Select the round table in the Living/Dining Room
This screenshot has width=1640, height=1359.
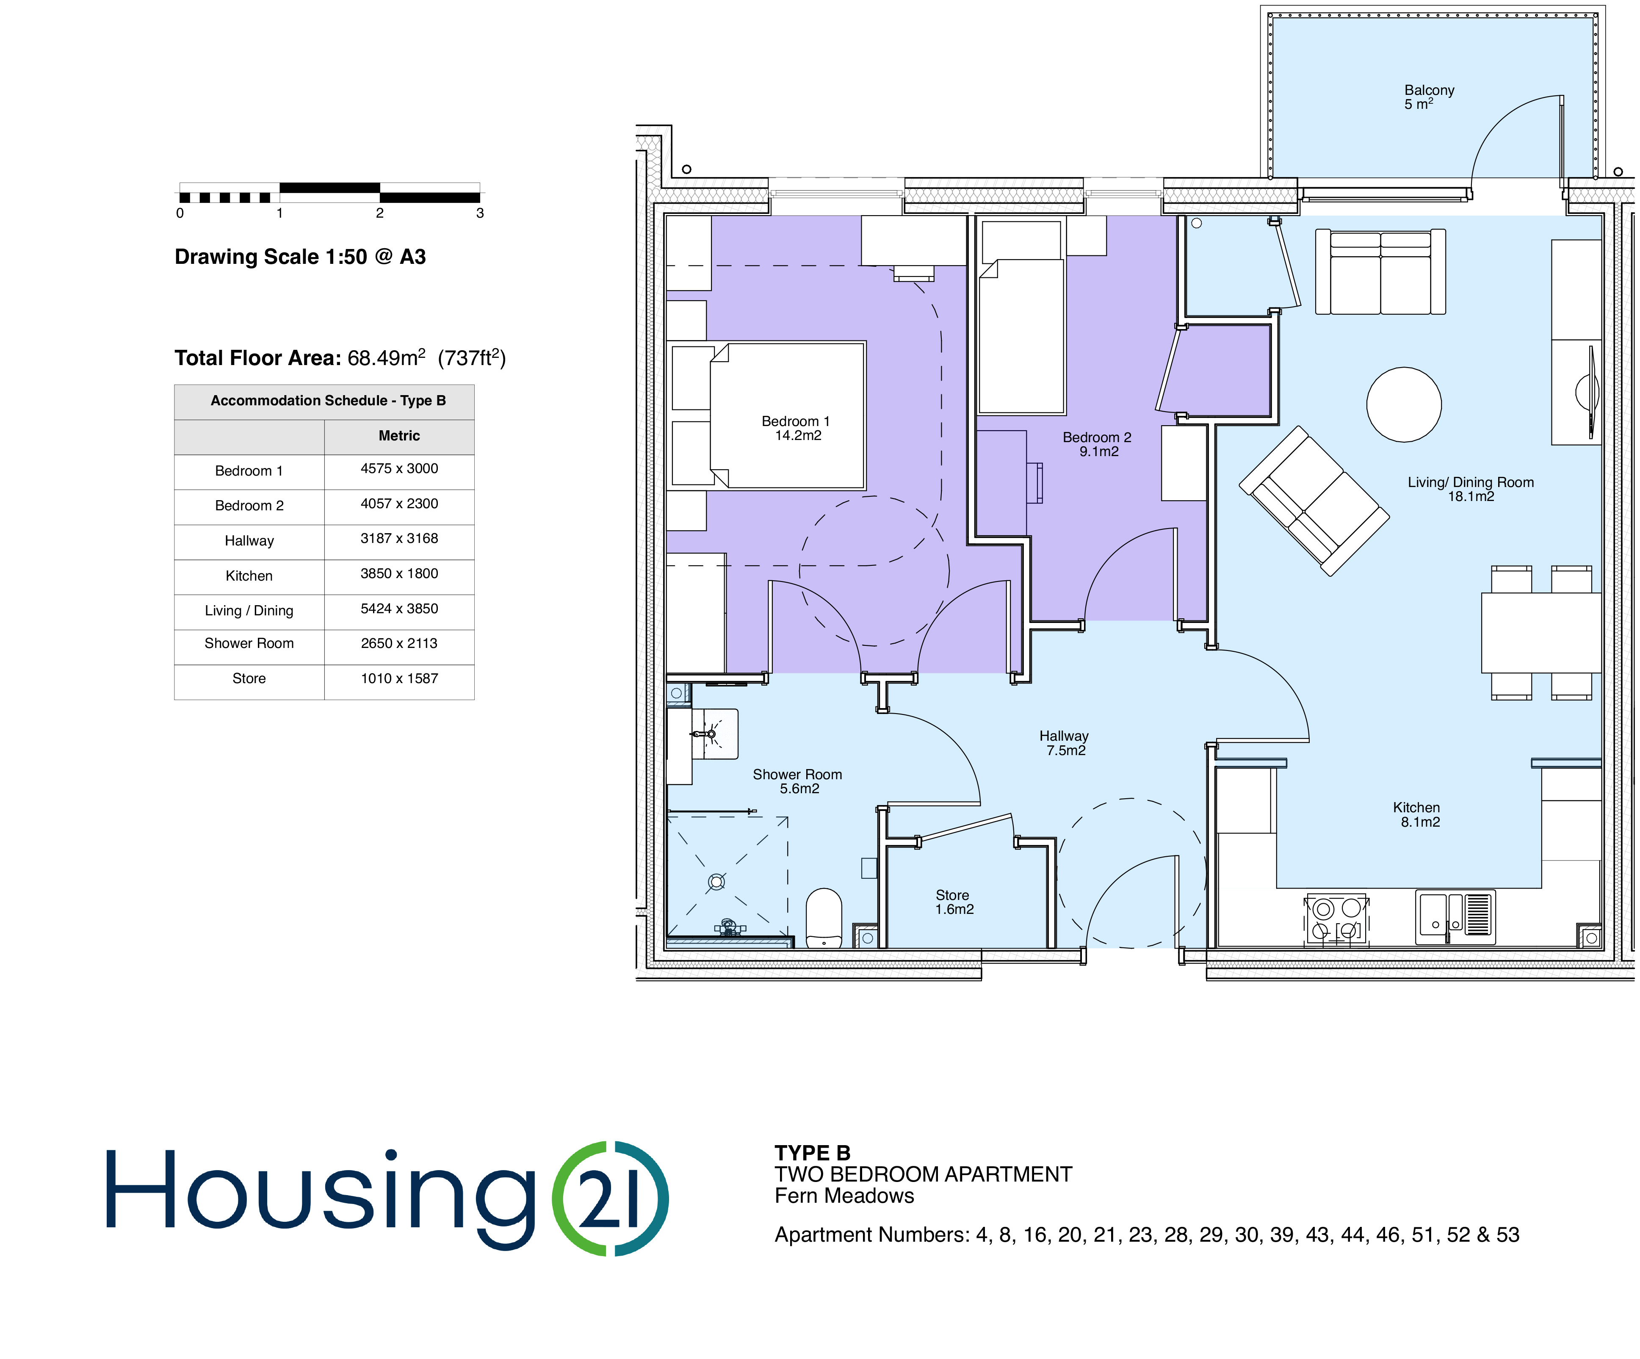(x=1403, y=404)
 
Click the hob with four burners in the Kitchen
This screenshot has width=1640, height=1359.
(x=1336, y=919)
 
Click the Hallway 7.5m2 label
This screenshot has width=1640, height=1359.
(x=1065, y=743)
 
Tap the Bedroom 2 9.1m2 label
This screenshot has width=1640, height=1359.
(x=1097, y=444)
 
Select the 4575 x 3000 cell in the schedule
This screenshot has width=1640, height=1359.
(x=399, y=469)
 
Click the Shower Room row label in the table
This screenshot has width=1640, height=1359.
(x=249, y=644)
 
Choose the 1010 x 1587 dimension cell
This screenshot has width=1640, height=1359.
(x=399, y=679)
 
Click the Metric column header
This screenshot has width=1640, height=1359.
(x=399, y=436)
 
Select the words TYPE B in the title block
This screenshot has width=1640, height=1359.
(x=812, y=1153)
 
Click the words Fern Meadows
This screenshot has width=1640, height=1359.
(x=844, y=1196)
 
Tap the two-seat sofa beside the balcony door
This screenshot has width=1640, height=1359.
(x=1380, y=272)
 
